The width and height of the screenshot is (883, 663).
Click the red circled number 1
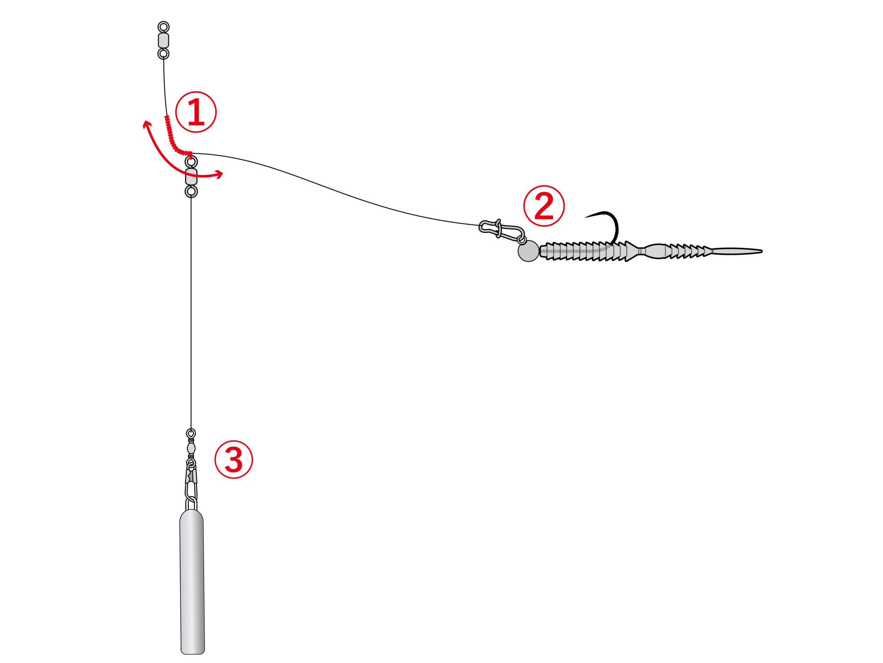click(x=196, y=112)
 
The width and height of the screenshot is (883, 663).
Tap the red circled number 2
click(x=544, y=206)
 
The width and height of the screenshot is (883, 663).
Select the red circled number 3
click(x=234, y=460)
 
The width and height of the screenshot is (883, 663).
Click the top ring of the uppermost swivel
click(x=163, y=27)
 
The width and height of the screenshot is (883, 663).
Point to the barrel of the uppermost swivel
click(x=163, y=40)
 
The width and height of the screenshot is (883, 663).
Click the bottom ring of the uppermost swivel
click(x=163, y=54)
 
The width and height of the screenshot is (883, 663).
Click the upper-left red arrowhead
click(x=147, y=124)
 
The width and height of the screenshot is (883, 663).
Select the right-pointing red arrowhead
click(x=219, y=174)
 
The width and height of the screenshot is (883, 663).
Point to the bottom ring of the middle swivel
click(x=191, y=191)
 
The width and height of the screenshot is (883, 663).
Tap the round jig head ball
click(x=528, y=251)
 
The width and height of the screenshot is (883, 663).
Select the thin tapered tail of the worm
click(x=737, y=251)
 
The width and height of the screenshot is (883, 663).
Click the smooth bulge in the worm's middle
click(x=655, y=251)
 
